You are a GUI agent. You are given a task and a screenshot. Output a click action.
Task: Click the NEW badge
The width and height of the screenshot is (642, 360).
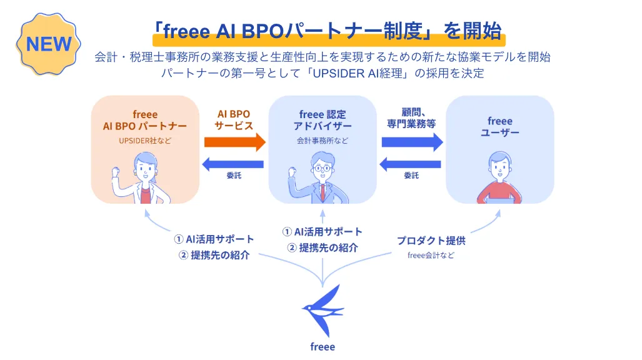tap(48, 44)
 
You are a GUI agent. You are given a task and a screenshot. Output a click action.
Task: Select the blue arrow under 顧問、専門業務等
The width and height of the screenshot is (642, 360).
tap(412, 142)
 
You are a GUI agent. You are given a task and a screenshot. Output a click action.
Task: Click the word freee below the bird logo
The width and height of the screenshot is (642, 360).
tap(323, 346)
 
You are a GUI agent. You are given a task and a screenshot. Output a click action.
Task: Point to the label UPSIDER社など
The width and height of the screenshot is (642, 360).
tap(145, 141)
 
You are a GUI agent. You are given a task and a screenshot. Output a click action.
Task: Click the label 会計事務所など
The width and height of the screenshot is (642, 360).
tap(323, 141)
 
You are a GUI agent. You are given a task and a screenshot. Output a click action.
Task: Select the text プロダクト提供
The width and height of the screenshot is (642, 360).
tap(431, 240)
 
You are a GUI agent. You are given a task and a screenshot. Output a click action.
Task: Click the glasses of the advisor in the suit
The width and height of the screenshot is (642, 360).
tap(322, 168)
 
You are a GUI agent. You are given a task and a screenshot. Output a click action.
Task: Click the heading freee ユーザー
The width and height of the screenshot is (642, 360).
tap(499, 127)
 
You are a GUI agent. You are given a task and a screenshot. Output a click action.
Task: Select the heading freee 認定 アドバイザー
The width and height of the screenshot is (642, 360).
tap(323, 121)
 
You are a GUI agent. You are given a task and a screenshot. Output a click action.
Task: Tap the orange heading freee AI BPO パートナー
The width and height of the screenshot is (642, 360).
tap(145, 121)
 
